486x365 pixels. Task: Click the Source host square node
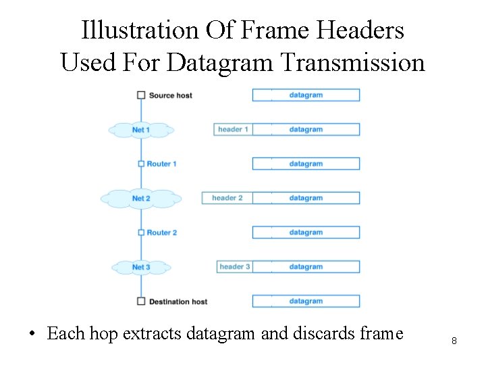point(141,95)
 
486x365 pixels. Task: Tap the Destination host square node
point(141,301)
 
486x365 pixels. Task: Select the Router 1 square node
point(141,164)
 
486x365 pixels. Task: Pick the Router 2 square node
point(141,233)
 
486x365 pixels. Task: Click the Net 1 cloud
point(141,130)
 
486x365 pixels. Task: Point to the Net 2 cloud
point(141,199)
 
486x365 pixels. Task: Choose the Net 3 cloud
point(141,267)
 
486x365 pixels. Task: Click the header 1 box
point(233,129)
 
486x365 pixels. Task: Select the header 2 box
point(227,198)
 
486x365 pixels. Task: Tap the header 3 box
point(235,267)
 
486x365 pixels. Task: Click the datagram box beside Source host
point(306,95)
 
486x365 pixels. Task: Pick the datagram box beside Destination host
point(306,301)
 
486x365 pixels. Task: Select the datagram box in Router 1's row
point(306,164)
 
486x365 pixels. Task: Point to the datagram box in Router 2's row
point(306,233)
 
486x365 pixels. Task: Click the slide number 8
point(454,341)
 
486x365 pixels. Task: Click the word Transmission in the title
point(352,63)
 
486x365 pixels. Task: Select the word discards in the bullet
point(317,333)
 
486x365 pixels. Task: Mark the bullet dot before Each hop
point(32,335)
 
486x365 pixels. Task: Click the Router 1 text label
point(162,164)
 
